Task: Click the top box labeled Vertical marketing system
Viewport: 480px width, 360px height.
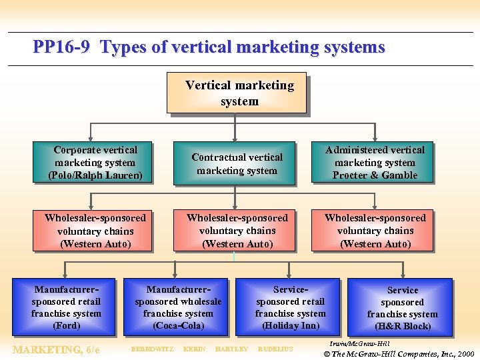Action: (239, 93)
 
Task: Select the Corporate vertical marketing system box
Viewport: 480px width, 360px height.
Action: (95, 163)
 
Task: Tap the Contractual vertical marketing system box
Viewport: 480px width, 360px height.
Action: (237, 163)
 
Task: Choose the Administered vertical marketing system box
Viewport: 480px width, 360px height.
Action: (375, 163)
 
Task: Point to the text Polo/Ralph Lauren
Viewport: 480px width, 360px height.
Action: (95, 175)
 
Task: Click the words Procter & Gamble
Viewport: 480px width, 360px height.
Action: (375, 175)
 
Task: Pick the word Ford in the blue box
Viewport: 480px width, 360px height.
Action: (67, 326)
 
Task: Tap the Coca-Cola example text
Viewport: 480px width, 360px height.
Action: (179, 326)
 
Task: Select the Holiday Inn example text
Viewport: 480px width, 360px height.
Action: (290, 326)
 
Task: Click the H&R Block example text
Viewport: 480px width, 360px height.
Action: (403, 327)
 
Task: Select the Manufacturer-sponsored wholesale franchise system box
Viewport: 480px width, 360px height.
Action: (178, 307)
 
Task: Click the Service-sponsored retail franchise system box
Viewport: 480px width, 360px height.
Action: (290, 307)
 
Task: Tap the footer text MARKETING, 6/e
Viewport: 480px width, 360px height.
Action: (57, 349)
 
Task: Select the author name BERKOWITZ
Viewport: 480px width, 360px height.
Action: (152, 349)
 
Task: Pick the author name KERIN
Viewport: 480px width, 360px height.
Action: (194, 349)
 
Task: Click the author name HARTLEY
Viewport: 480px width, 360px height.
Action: (231, 349)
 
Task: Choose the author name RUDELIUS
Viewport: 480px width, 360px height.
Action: (275, 349)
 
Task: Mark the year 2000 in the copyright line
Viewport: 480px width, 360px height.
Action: (465, 353)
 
